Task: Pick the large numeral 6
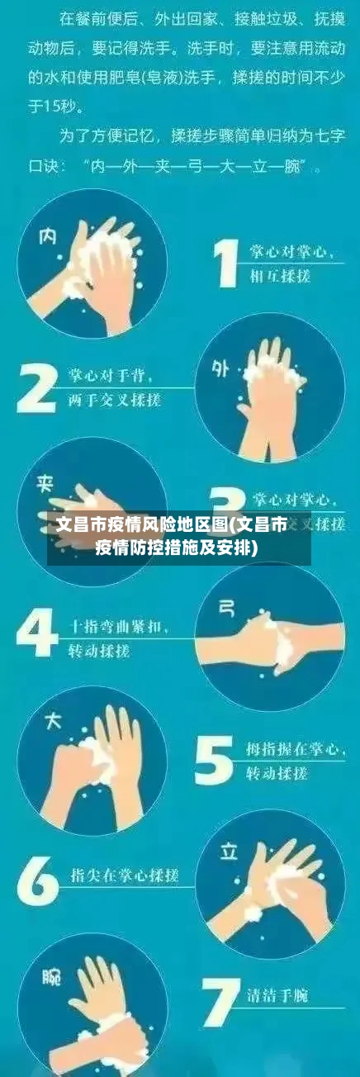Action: pos(37,879)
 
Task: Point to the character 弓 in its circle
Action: pos(225,609)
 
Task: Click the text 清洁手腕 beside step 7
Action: pos(277,996)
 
